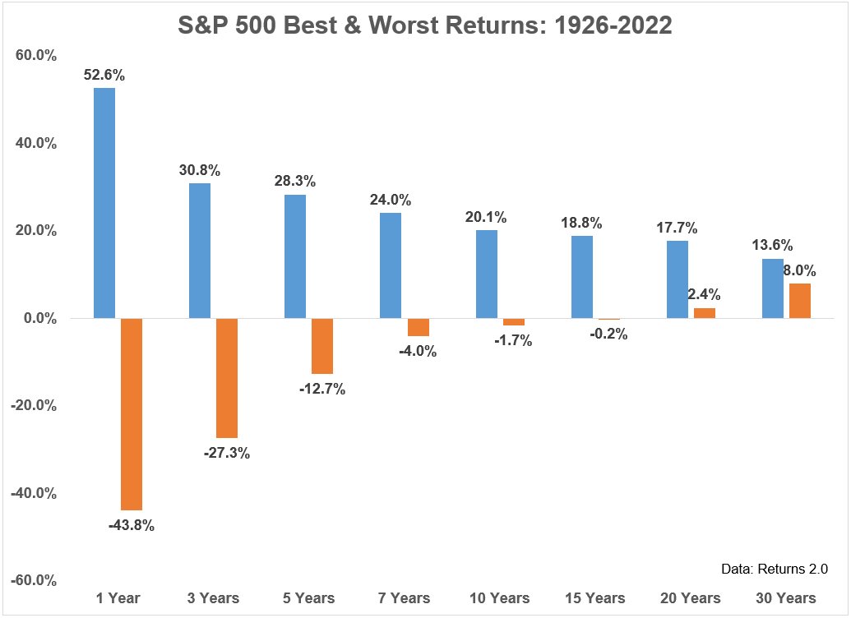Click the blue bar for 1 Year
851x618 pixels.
point(104,203)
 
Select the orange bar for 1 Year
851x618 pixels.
point(132,414)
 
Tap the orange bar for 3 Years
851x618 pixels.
point(227,378)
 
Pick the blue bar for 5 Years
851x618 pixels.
point(294,256)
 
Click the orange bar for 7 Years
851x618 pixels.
point(418,327)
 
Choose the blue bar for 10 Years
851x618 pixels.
point(486,274)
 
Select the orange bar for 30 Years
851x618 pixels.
point(799,301)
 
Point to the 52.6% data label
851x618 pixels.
point(104,75)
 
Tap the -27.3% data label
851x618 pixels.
point(227,453)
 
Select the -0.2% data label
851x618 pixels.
point(608,334)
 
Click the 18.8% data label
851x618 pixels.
point(581,223)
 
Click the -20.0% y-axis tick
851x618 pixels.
point(33,406)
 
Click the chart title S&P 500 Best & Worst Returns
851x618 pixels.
point(425,25)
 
